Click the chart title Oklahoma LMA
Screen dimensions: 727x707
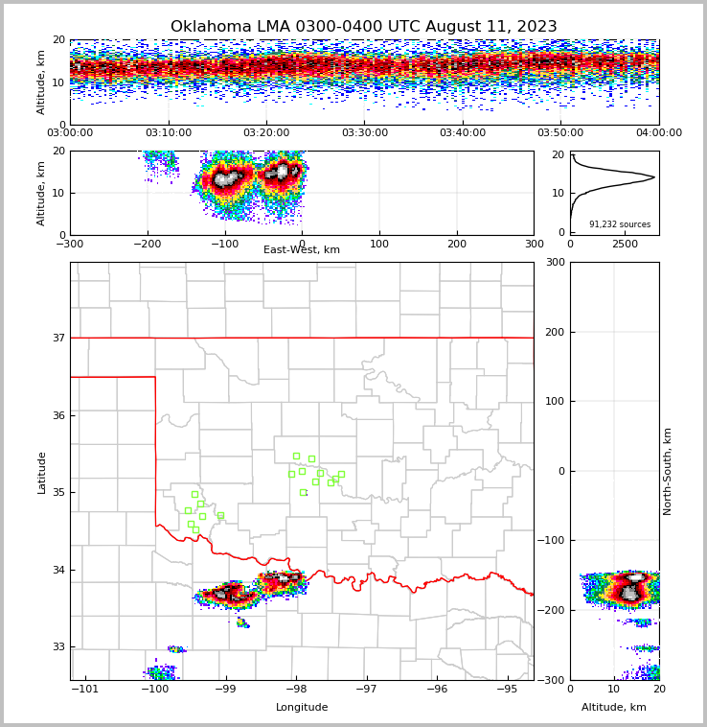click(x=363, y=27)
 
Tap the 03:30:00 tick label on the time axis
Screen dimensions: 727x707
click(x=364, y=133)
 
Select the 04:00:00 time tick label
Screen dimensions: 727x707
click(x=658, y=133)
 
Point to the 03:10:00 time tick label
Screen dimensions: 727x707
click(x=168, y=133)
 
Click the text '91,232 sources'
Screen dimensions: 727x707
click(x=619, y=224)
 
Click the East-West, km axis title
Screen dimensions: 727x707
click(x=302, y=250)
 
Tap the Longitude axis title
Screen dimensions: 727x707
click(x=302, y=708)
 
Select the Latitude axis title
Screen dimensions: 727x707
click(x=42, y=472)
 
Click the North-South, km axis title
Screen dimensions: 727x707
click(x=668, y=471)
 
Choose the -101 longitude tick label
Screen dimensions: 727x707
click(x=85, y=689)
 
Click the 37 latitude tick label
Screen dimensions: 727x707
click(x=58, y=338)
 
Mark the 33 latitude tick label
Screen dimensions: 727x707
click(x=58, y=647)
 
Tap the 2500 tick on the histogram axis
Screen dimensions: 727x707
click(x=625, y=245)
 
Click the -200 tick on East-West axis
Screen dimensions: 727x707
click(x=147, y=244)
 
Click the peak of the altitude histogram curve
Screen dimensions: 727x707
click(x=654, y=176)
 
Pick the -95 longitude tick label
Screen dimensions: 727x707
click(x=507, y=689)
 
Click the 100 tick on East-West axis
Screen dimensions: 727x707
click(x=379, y=244)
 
